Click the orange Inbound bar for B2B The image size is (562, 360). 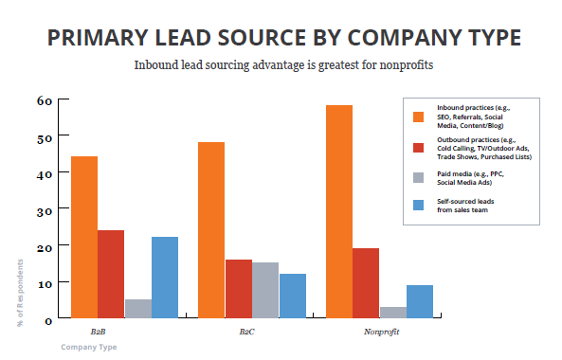click(x=84, y=238)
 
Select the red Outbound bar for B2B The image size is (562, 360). click(x=111, y=275)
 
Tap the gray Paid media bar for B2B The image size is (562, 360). click(x=137, y=310)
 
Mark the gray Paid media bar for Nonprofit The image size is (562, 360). click(x=393, y=313)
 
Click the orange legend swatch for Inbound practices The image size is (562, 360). click(x=418, y=117)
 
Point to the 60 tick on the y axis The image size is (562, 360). click(x=44, y=100)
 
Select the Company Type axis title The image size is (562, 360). click(x=88, y=348)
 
